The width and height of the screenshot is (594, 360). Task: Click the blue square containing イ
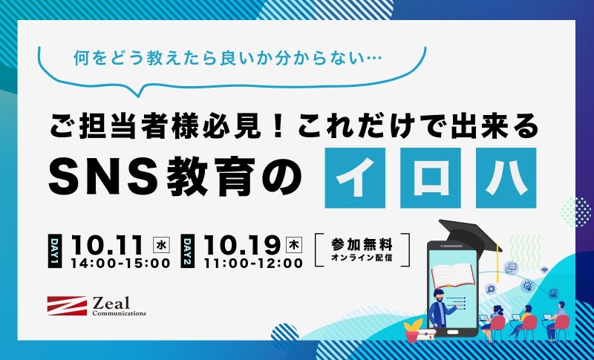coord(355,178)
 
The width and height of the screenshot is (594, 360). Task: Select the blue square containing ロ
coord(431,178)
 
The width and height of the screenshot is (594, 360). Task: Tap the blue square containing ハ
coord(506,178)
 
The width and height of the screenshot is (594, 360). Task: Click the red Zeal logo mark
coord(67,306)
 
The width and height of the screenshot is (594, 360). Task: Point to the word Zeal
coord(111,304)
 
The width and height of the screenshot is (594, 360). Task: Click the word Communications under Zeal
coord(119,313)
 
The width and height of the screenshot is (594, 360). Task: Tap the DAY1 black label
coord(54,251)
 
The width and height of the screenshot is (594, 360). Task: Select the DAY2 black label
coord(188,251)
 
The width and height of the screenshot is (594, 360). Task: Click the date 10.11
coord(107,245)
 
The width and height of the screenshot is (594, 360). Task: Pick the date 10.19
coord(242,245)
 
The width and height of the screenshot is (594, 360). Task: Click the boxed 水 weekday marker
coord(161,244)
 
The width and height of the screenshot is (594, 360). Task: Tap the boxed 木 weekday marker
coord(294,244)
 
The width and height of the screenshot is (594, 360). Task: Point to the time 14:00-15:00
coord(120,263)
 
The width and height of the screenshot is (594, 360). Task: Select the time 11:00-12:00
coord(253,263)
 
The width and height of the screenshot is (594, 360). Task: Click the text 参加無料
coord(362,245)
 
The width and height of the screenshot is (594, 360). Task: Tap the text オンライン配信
coord(362,258)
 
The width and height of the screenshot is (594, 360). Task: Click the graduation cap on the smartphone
coord(471,237)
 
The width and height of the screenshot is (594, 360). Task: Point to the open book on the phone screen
coord(453,275)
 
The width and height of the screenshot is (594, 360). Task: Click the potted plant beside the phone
coord(414,330)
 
